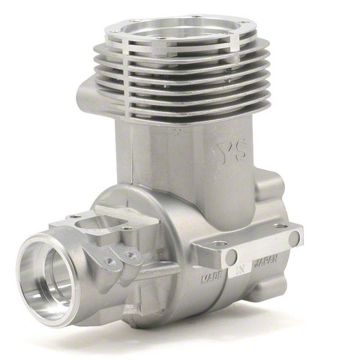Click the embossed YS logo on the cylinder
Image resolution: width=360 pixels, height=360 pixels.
click(x=232, y=151)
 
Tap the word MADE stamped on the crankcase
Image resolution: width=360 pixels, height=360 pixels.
click(x=211, y=277)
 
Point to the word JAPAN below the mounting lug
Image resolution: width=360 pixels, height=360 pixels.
click(x=265, y=261)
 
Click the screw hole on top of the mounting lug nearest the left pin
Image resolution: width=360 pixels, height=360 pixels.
click(x=220, y=243)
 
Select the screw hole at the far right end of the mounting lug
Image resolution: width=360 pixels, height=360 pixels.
click(x=280, y=226)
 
